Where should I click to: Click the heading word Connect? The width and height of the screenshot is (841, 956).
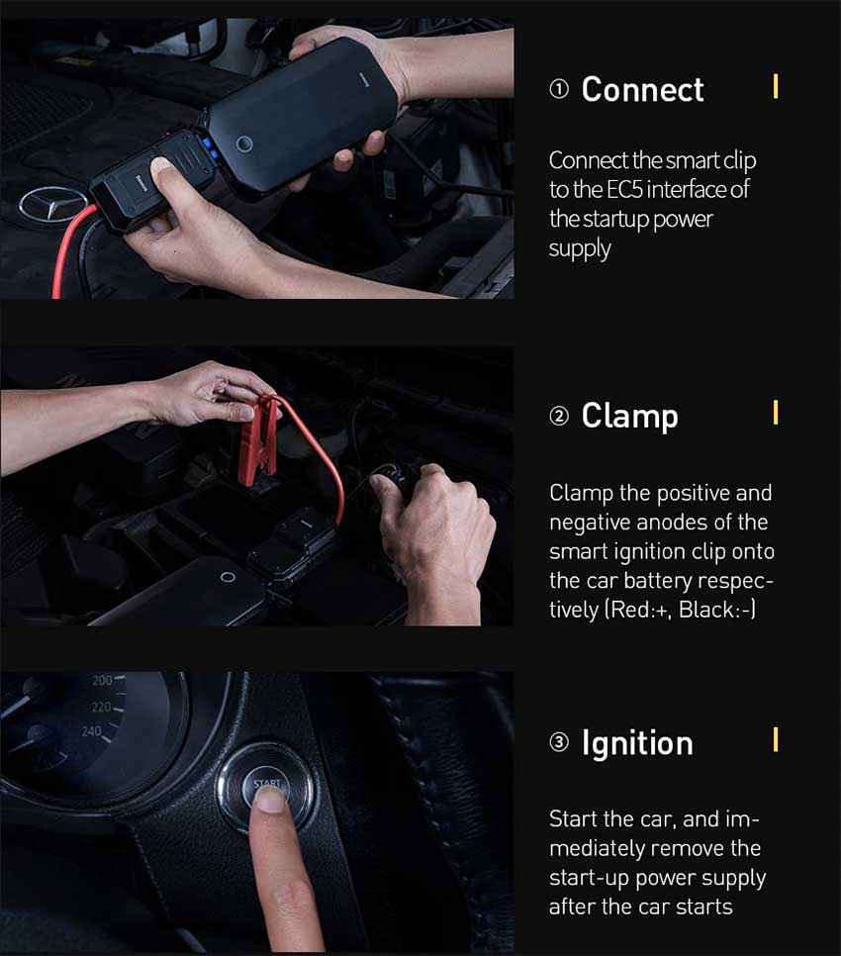point(642,90)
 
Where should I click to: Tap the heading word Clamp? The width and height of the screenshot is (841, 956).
point(629,417)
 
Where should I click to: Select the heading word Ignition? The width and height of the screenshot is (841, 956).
point(637,744)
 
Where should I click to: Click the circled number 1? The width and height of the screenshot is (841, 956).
point(559,90)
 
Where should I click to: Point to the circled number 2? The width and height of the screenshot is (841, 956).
point(559,417)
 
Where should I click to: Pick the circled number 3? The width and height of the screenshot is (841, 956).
point(559,742)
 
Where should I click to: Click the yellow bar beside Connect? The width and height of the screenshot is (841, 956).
point(775,86)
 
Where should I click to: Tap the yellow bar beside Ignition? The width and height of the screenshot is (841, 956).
point(775,739)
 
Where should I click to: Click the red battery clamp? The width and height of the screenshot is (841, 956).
point(258,439)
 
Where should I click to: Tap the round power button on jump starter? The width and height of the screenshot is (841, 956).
point(244,143)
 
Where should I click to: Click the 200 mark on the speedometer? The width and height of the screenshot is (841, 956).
point(102,681)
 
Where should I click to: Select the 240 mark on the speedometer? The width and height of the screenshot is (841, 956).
point(91,731)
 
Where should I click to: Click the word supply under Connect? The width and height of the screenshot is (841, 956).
point(580,249)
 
